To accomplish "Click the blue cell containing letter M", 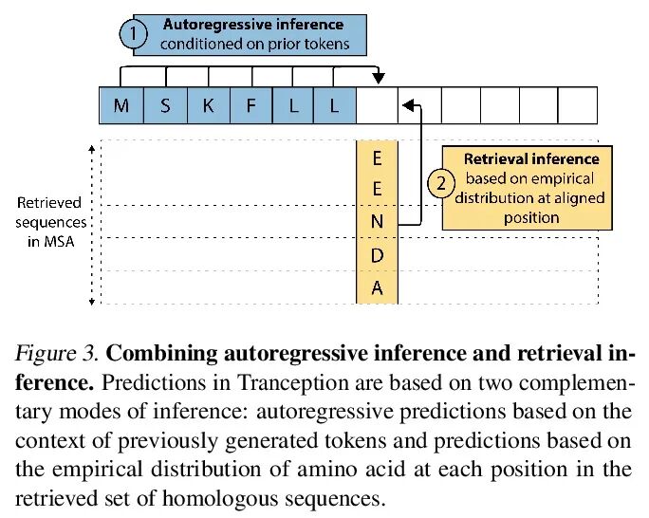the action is point(121,105).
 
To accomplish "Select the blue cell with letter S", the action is point(165,105).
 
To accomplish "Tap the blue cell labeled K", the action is point(208,105).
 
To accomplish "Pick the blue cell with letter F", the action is point(250,105).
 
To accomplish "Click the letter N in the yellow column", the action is point(377,222).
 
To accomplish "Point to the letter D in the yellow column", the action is point(377,255).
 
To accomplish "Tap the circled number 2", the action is point(440,183).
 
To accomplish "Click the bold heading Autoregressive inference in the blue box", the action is point(253,24).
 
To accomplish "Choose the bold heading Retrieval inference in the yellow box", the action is point(530,158).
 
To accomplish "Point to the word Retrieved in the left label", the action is point(49,202).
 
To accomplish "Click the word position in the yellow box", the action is point(532,217).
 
